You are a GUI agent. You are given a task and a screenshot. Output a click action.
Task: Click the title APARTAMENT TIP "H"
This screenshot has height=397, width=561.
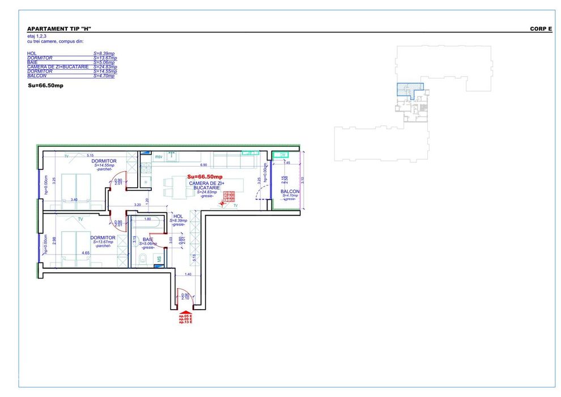[59, 28]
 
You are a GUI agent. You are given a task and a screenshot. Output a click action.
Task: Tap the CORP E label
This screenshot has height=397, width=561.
[541, 28]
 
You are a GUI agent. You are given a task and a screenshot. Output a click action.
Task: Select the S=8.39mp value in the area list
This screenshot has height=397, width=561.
[104, 53]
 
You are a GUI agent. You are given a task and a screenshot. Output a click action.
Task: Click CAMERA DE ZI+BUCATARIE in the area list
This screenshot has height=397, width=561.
[58, 67]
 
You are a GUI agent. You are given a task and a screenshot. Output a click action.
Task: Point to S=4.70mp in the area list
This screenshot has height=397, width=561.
[104, 75]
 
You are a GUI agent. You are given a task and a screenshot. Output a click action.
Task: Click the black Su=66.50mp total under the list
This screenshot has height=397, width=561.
[45, 86]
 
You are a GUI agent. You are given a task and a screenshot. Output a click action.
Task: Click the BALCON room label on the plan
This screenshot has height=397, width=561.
[290, 192]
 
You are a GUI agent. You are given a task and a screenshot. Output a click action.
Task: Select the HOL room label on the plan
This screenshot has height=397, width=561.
[177, 216]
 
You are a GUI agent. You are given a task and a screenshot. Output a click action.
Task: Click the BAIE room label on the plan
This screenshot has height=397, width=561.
[147, 239]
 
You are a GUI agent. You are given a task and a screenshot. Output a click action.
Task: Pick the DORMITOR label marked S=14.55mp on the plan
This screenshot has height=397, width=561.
[104, 161]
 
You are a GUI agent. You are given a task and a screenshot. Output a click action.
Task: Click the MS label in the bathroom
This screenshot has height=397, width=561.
[159, 260]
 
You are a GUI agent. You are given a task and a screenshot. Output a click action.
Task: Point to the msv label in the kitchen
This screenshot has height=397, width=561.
[159, 157]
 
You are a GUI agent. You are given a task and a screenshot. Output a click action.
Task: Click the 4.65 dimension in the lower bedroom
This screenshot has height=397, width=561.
[86, 253]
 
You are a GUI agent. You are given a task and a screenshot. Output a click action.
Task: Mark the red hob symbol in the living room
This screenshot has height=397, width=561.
[229, 197]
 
